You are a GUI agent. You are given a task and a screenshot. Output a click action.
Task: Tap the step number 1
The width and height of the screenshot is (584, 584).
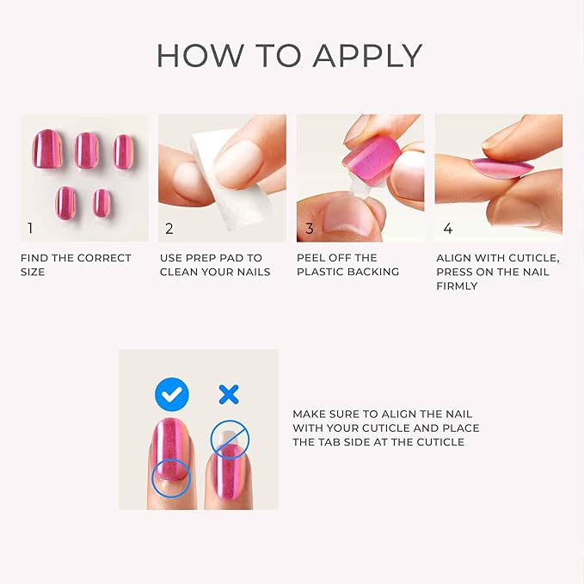(x=30, y=228)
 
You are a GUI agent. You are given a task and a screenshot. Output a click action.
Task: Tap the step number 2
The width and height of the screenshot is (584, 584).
(x=169, y=228)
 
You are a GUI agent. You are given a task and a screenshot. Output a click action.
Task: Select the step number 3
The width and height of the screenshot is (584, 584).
(x=309, y=228)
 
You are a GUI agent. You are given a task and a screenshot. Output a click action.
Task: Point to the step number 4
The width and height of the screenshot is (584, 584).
(x=447, y=228)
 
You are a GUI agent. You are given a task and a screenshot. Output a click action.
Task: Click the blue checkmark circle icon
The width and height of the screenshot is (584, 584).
(x=172, y=395)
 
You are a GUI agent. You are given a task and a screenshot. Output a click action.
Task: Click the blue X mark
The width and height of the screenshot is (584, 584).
(x=228, y=395)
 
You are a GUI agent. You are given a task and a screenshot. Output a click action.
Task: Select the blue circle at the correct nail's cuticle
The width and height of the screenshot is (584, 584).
(x=169, y=478)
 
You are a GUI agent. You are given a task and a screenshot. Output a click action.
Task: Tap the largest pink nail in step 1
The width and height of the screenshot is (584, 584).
(x=49, y=149)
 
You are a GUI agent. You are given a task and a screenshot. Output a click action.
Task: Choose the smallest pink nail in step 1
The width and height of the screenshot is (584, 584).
(x=101, y=203)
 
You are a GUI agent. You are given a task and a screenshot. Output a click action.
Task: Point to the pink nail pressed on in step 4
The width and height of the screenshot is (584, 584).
(x=501, y=167)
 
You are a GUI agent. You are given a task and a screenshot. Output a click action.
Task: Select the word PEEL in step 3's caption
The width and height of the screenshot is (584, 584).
(x=311, y=258)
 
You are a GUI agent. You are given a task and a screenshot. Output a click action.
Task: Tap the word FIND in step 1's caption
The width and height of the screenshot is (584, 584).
(x=35, y=258)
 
